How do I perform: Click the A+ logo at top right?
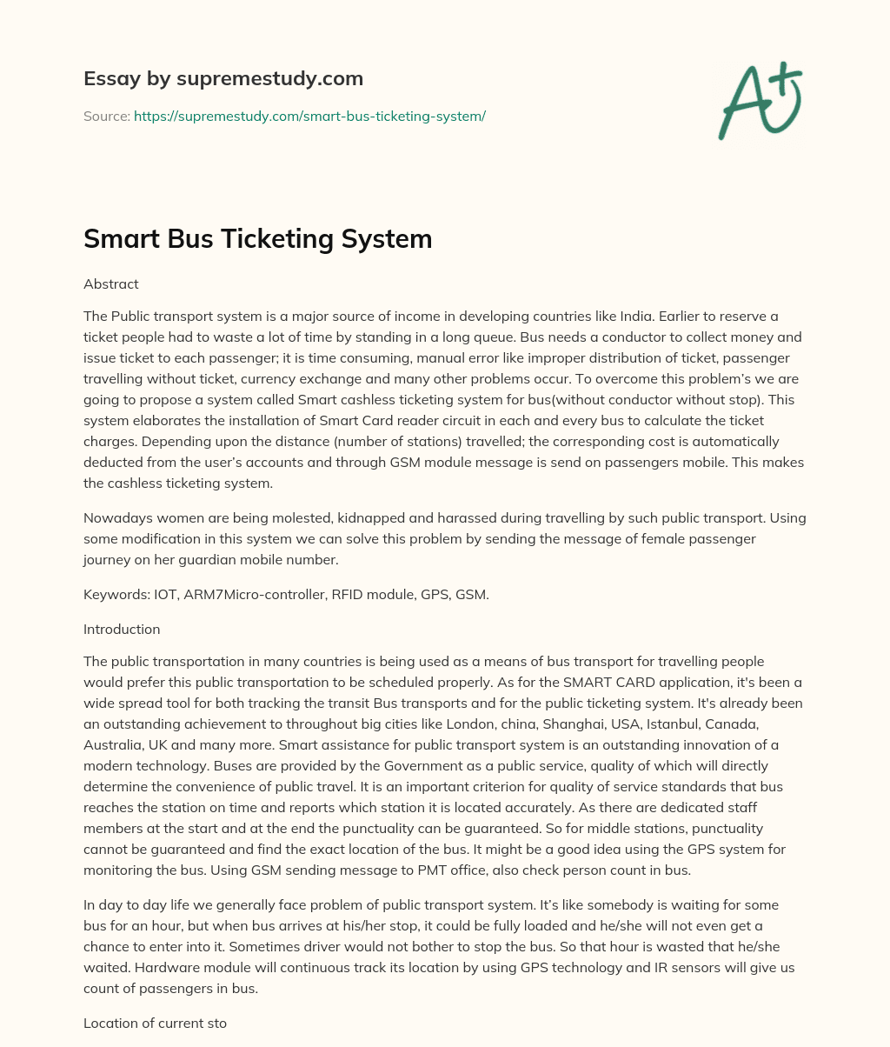[x=760, y=100]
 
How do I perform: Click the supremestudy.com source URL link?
[x=309, y=116]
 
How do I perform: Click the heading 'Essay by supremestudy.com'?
[x=222, y=78]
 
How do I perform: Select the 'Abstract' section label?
[x=110, y=283]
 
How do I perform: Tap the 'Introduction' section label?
[x=122, y=629]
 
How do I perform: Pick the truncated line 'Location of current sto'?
[x=155, y=1024]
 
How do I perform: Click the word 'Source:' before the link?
[x=106, y=116]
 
